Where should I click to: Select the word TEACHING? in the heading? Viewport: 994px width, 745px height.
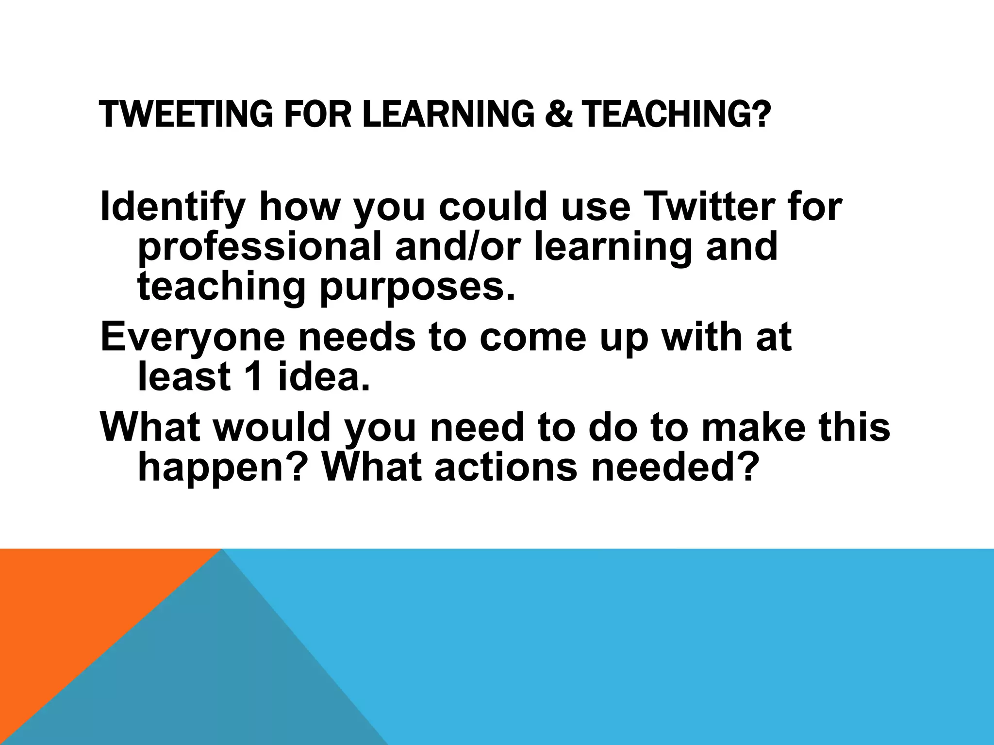tap(676, 114)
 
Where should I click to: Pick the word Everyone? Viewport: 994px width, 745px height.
tap(193, 338)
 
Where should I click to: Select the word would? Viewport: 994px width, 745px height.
tap(272, 427)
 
